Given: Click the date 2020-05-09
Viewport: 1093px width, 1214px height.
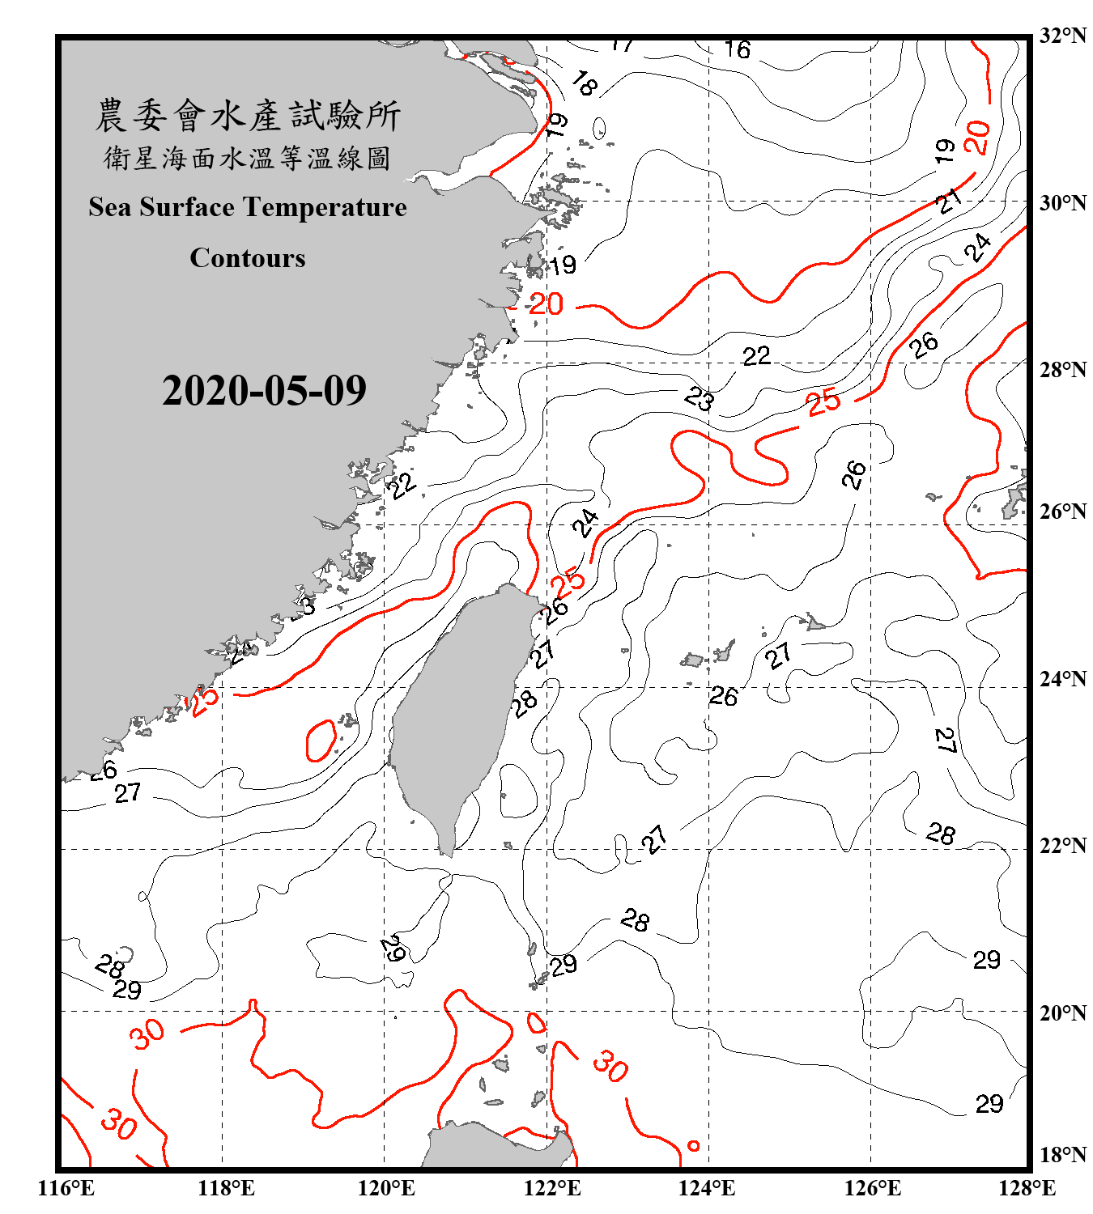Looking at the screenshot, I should pos(264,391).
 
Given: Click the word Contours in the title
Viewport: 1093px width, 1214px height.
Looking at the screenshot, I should pos(248,258).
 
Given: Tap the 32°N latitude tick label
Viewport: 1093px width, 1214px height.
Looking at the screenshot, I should pos(1062,36).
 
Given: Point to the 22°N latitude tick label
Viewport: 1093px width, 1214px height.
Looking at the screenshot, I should pos(1062,846).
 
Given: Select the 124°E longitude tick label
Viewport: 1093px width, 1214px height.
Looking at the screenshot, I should pos(707,1188).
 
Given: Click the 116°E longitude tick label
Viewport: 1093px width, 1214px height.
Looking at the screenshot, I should pos(66,1188).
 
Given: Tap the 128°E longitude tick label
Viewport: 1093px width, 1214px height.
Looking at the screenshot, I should pos(1027,1188).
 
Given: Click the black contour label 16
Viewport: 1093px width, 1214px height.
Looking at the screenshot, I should pos(737,50).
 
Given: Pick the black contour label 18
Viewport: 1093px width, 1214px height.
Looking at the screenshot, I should pos(584,84).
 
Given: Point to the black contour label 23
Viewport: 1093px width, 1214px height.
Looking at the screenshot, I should pos(699,399).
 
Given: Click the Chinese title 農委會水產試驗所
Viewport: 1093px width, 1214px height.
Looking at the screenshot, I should pos(248,116).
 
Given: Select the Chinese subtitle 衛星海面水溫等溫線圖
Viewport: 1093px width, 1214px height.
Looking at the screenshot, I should pos(248,159).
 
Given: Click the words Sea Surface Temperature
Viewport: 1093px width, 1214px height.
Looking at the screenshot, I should pos(248,207).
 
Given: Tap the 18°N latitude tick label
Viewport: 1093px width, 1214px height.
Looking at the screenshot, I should pos(1062,1155).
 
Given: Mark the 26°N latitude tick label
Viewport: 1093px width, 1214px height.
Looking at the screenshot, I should pos(1062,511).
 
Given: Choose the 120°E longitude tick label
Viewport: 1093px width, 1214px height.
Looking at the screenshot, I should pos(386,1188).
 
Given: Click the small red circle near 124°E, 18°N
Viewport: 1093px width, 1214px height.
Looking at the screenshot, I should pos(693,1145).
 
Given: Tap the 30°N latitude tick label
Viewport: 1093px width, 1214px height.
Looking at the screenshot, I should pos(1062,203).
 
